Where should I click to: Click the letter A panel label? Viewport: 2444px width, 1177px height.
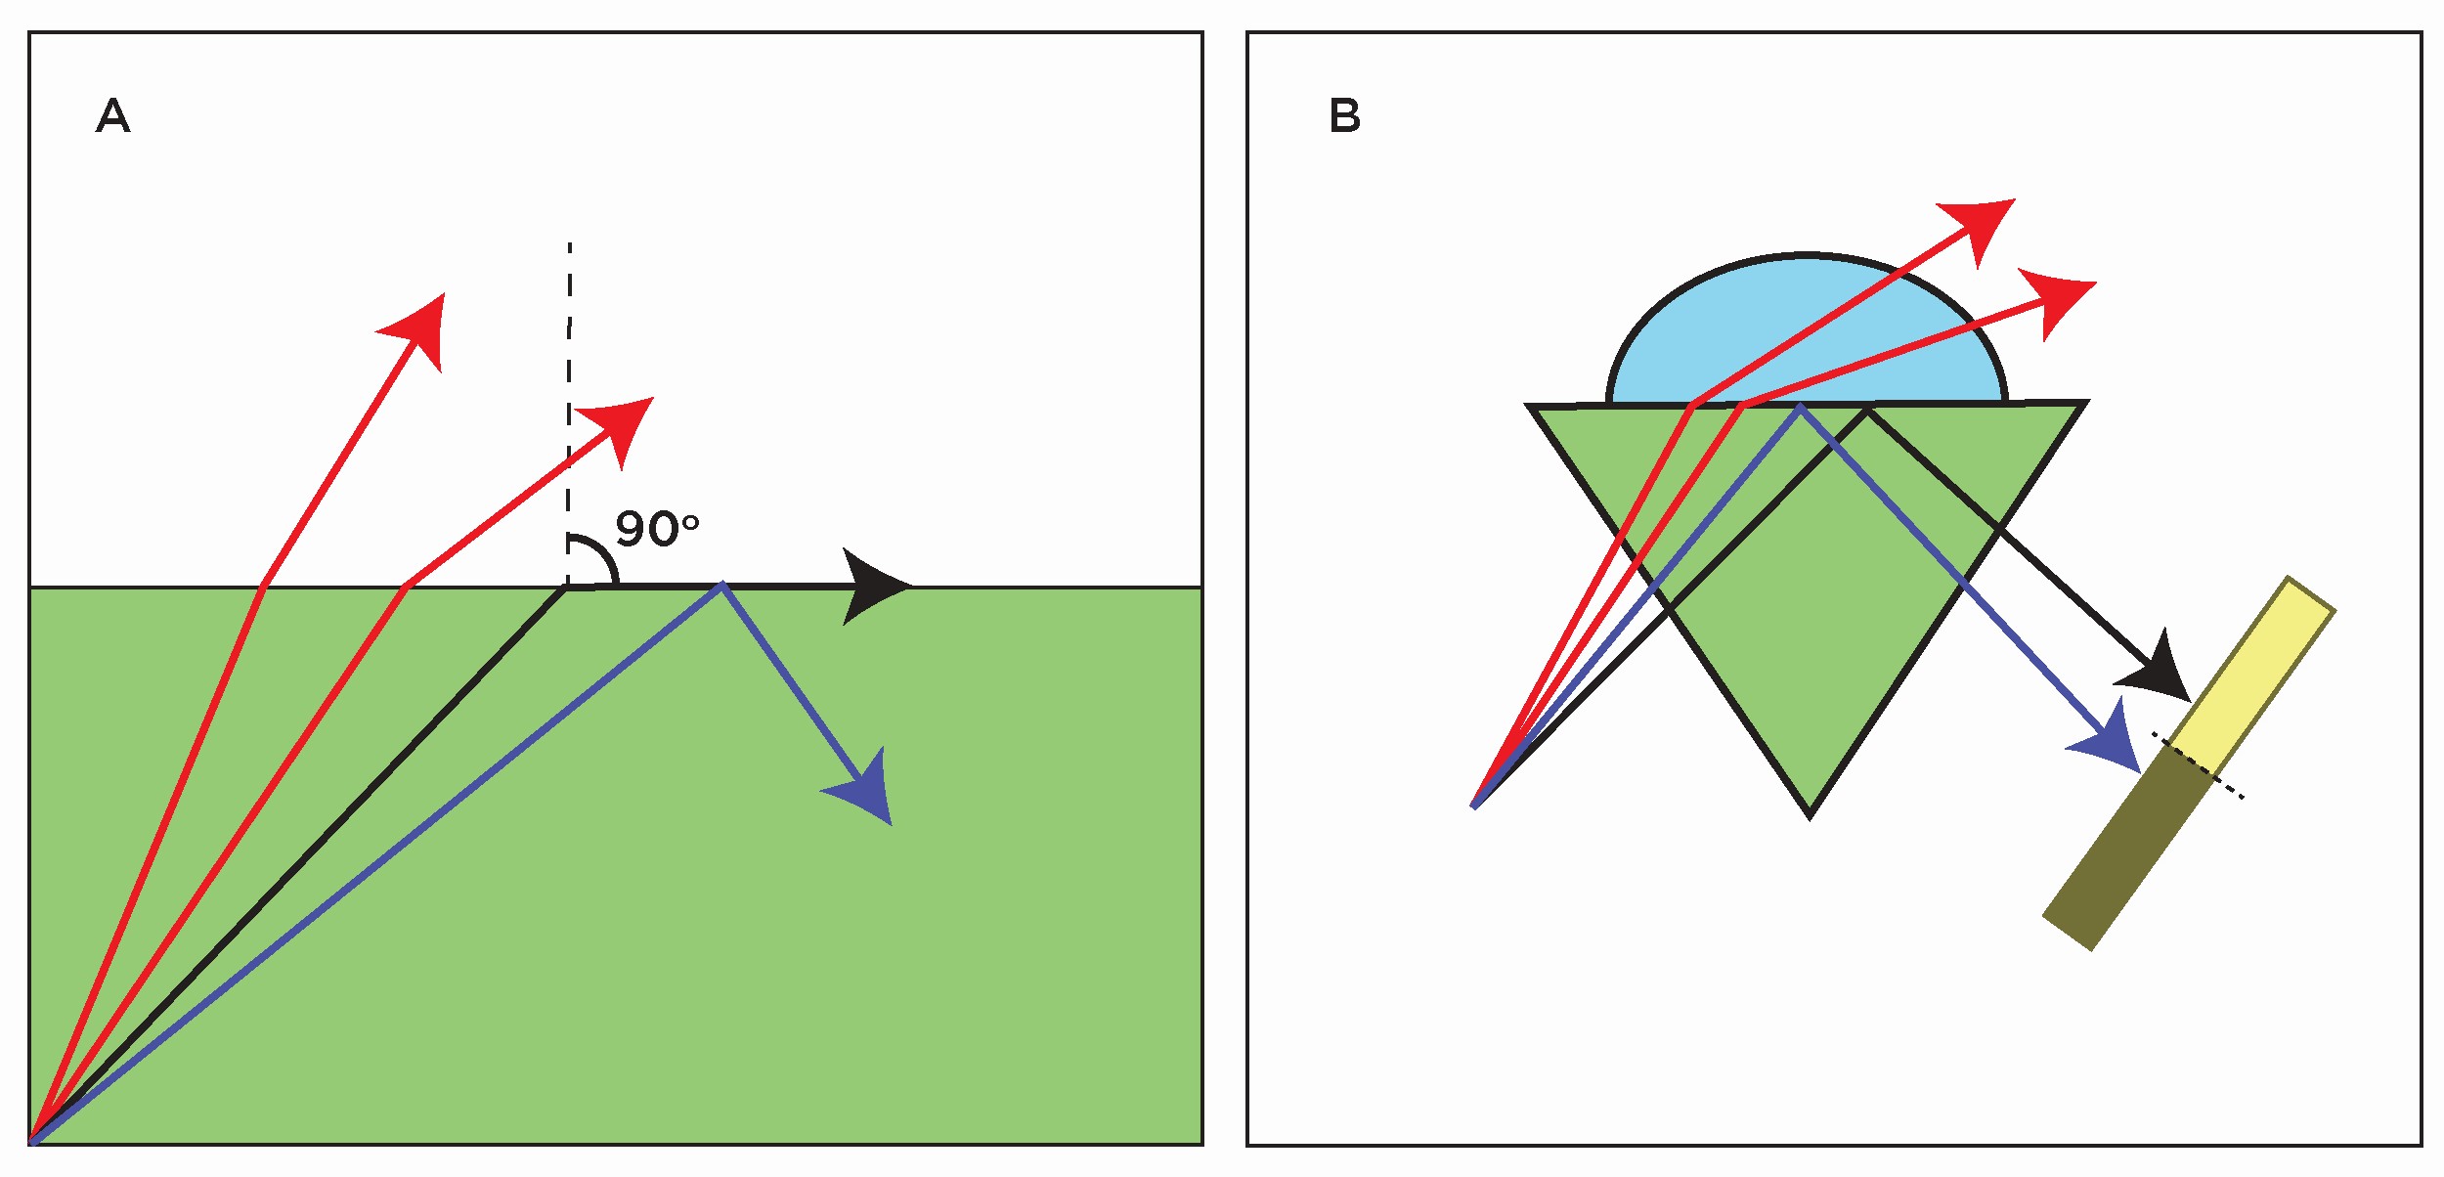pyautogui.click(x=112, y=116)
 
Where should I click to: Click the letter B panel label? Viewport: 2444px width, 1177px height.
pyautogui.click(x=1344, y=116)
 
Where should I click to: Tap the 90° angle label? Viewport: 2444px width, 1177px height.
pyautogui.click(x=656, y=530)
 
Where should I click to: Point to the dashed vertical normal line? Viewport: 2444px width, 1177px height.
pyautogui.click(x=569, y=391)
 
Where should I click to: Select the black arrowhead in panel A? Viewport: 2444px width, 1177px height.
pyautogui.click(x=873, y=587)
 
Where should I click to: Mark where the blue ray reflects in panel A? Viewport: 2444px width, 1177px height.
pyautogui.click(x=722, y=585)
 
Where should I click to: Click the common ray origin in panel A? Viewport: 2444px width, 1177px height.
pyautogui.click(x=33, y=1140)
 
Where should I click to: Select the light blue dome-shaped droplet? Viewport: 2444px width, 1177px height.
pyautogui.click(x=1807, y=332)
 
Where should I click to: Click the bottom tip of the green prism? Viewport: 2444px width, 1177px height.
pyautogui.click(x=1810, y=813)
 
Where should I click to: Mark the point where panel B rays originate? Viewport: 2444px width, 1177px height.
pyautogui.click(x=1474, y=806)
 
